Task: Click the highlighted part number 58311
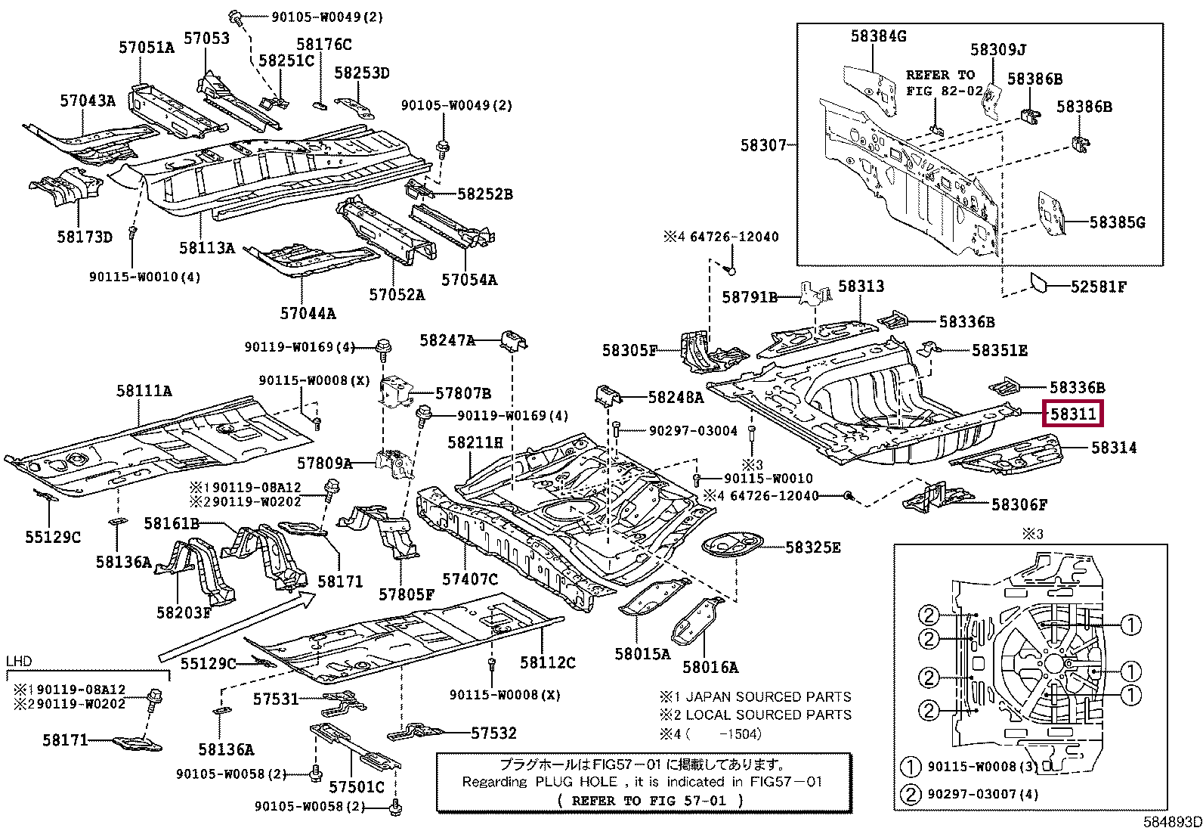pyautogui.click(x=1073, y=414)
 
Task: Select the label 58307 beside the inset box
pyautogui.click(x=763, y=145)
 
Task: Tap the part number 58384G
pyautogui.click(x=878, y=36)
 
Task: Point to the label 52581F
pyautogui.click(x=1099, y=287)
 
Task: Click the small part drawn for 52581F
pyautogui.click(x=1040, y=283)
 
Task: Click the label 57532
pyautogui.click(x=493, y=733)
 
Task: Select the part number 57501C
pyautogui.click(x=357, y=787)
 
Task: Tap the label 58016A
pyautogui.click(x=710, y=667)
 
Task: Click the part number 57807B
pyautogui.click(x=463, y=393)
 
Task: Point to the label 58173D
pyautogui.click(x=85, y=237)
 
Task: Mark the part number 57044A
pyautogui.click(x=308, y=313)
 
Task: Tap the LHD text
pyautogui.click(x=19, y=662)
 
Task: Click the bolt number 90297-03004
pyautogui.click(x=693, y=431)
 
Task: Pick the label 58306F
pyautogui.click(x=1019, y=504)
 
